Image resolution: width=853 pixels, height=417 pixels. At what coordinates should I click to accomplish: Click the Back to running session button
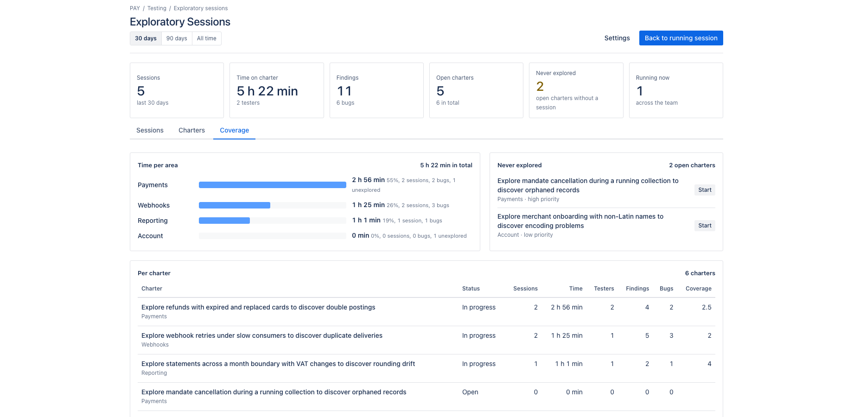tap(681, 38)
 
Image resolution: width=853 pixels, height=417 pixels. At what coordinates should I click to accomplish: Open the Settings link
tap(617, 38)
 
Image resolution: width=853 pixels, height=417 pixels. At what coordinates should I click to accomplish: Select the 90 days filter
tap(177, 38)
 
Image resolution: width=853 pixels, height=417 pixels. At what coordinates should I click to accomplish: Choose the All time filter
tap(207, 38)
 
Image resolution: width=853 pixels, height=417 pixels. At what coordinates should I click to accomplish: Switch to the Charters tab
tap(191, 130)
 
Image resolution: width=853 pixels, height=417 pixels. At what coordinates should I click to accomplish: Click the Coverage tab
tap(234, 130)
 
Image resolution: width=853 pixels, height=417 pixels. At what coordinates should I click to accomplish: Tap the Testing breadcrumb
tap(157, 8)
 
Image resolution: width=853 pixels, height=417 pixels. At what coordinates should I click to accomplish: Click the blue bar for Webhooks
tap(235, 205)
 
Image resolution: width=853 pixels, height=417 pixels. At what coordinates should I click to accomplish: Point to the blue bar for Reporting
tap(224, 221)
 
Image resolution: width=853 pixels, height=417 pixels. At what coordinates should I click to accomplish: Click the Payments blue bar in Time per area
tap(273, 185)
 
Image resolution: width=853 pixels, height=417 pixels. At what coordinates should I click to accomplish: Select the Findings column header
tap(637, 288)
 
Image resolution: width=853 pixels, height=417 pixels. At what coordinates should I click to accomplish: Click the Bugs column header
tap(666, 288)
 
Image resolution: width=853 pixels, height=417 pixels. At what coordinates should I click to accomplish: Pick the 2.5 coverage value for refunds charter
tap(707, 307)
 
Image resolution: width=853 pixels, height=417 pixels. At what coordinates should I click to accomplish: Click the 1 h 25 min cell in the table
tap(567, 335)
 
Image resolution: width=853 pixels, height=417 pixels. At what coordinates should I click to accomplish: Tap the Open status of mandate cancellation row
tap(470, 392)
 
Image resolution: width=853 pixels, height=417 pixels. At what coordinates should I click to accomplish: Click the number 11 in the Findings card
tap(344, 91)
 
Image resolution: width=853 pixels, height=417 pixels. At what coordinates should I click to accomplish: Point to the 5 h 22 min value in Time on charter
tap(267, 91)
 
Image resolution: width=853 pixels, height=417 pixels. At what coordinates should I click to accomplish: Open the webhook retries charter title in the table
tap(262, 335)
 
